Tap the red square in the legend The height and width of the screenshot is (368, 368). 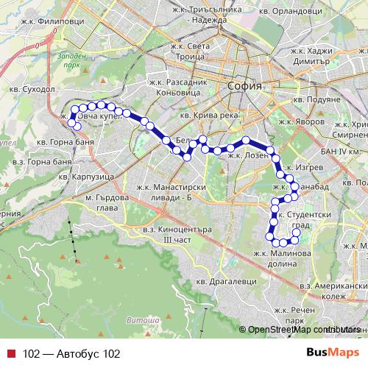coord(10,333)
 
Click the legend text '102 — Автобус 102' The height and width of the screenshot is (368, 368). coord(71,333)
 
